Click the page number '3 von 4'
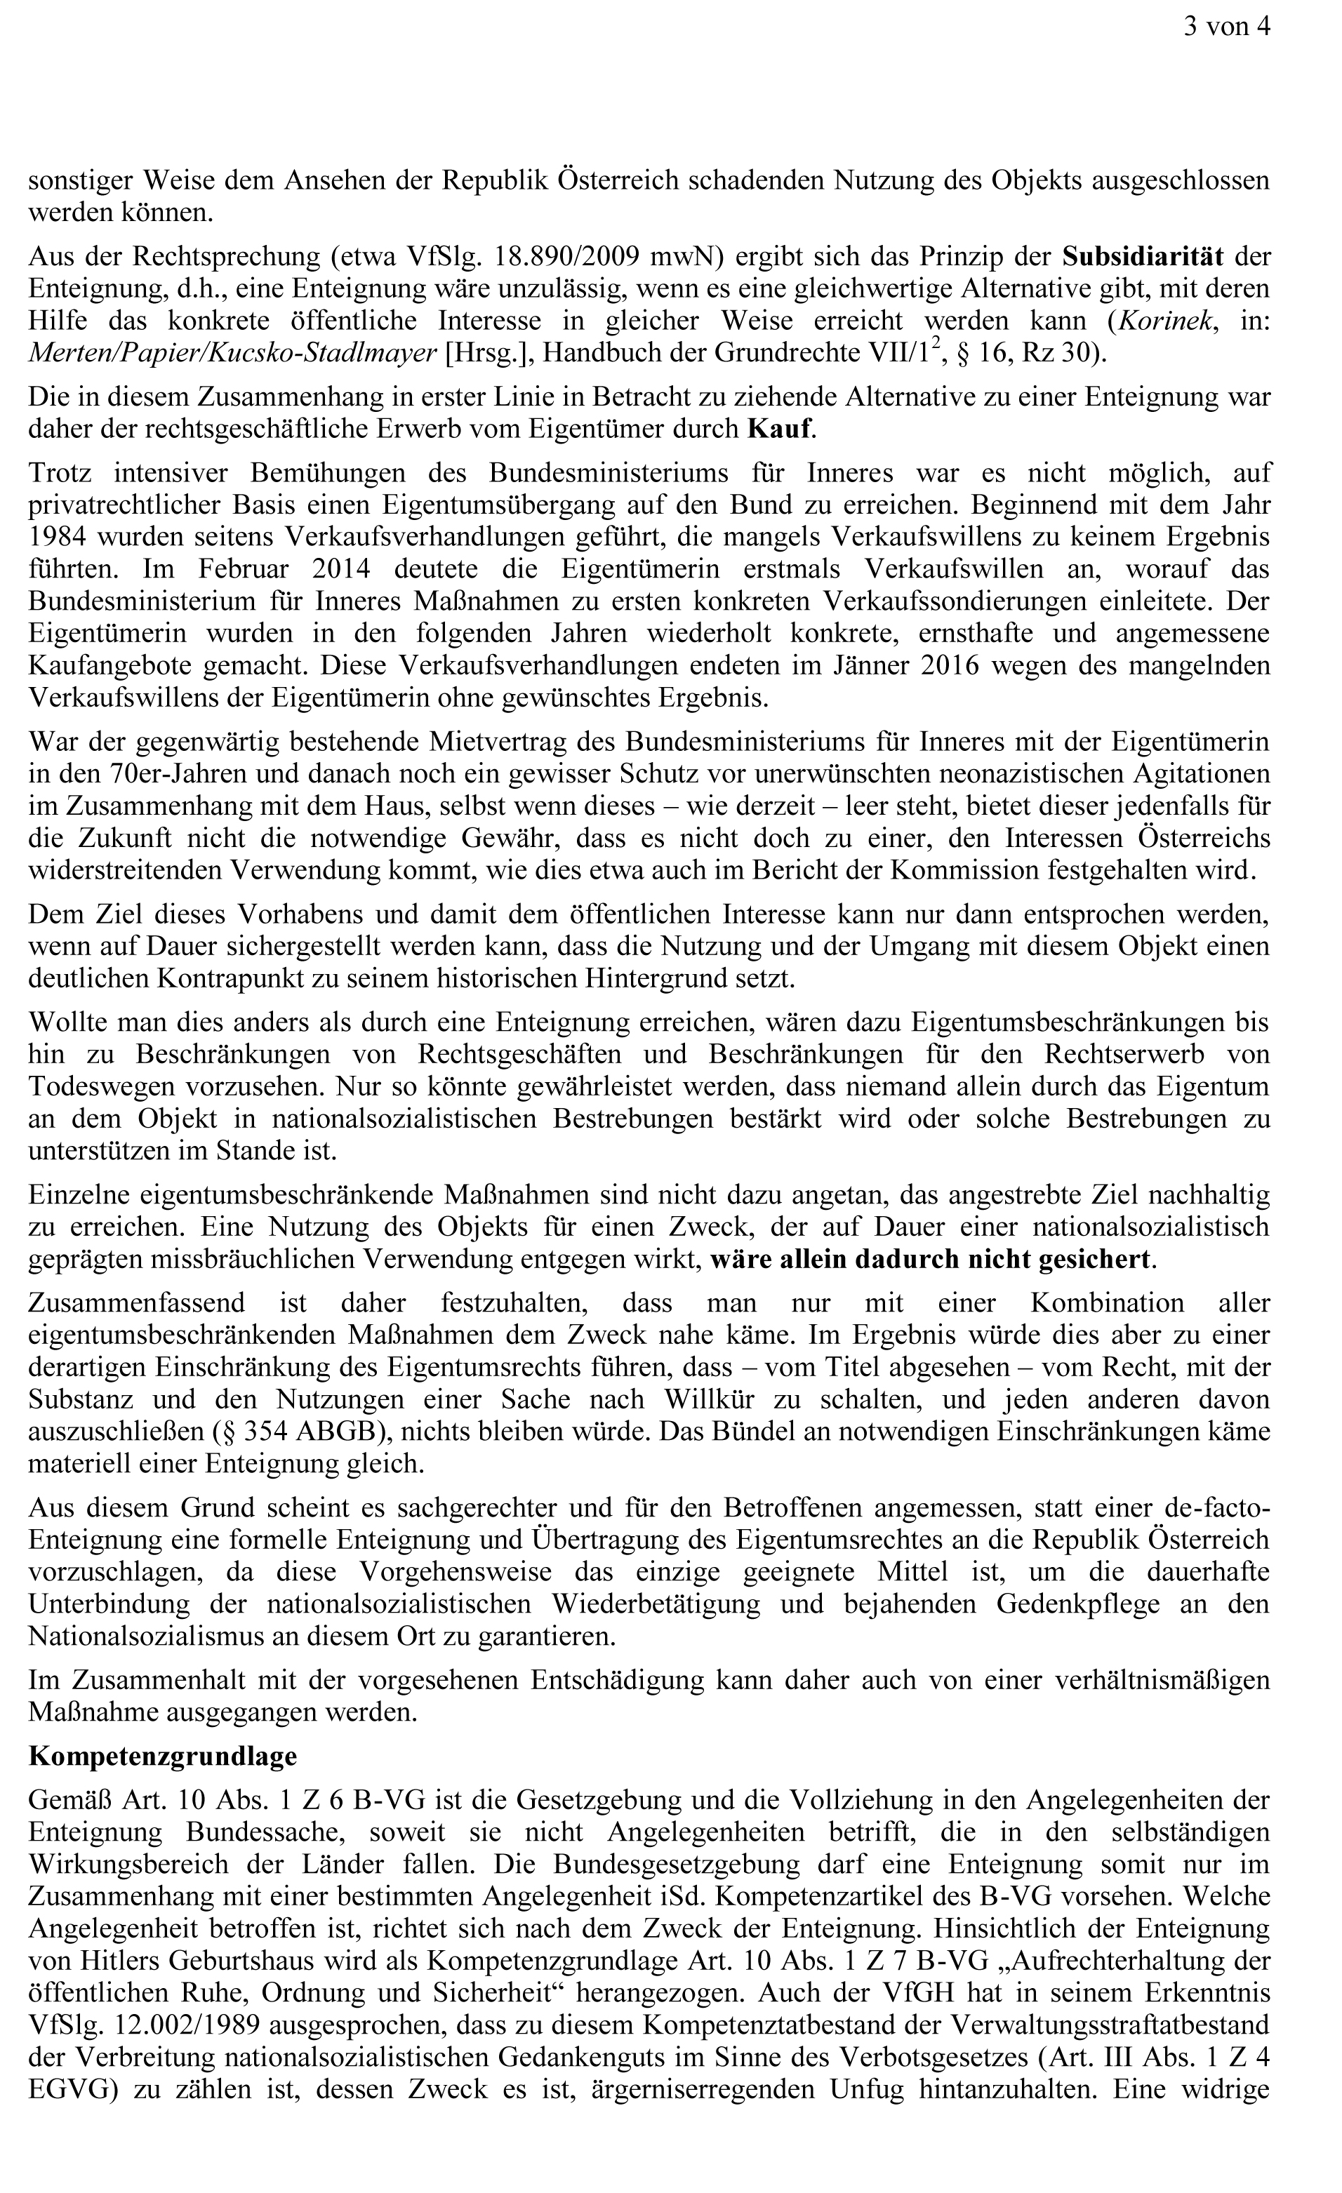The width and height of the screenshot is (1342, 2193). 1225,27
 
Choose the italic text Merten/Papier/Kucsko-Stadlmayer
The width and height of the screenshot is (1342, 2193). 233,354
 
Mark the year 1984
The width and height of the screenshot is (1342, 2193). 59,537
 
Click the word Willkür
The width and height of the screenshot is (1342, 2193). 710,1399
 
